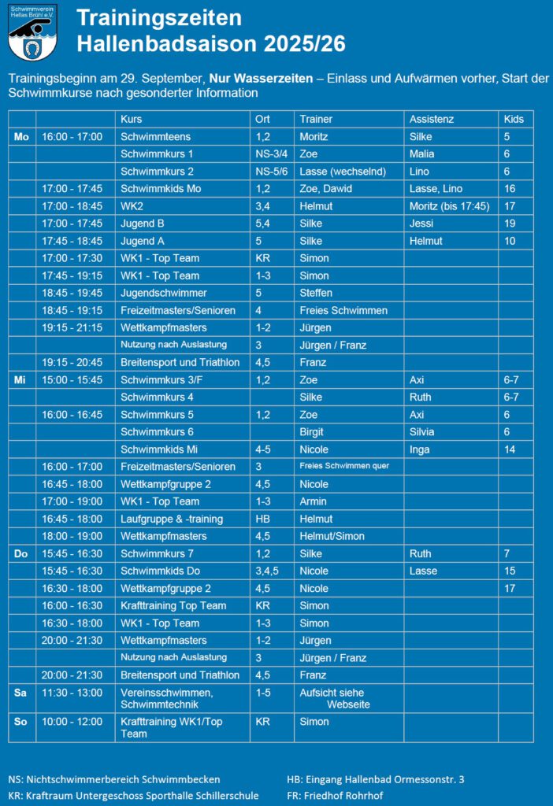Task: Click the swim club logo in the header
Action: pyautogui.click(x=30, y=33)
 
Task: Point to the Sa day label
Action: pyautogui.click(x=20, y=693)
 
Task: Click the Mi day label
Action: pyautogui.click(x=20, y=379)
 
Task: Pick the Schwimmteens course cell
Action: pyautogui.click(x=155, y=136)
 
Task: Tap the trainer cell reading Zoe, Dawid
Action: pyautogui.click(x=325, y=189)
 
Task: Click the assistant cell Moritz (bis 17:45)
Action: pyautogui.click(x=448, y=206)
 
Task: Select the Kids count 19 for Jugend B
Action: pyautogui.click(x=510, y=224)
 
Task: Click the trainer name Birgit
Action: pyautogui.click(x=312, y=431)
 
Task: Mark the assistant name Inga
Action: pyautogui.click(x=420, y=449)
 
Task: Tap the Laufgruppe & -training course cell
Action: pyautogui.click(x=172, y=519)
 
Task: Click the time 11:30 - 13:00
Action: pyautogui.click(x=72, y=693)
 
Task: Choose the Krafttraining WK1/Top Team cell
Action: pyautogui.click(x=166, y=727)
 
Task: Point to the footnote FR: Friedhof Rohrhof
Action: pyautogui.click(x=335, y=796)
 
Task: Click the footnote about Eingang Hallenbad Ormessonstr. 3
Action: pyautogui.click(x=375, y=779)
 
